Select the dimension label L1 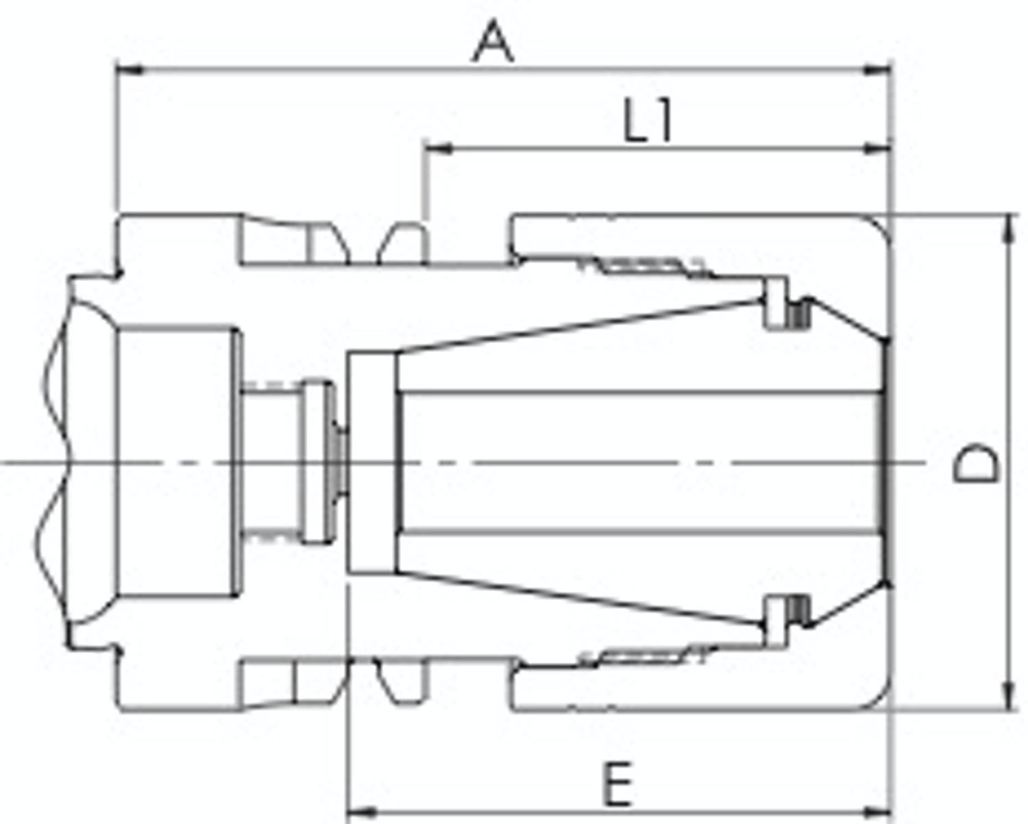pyautogui.click(x=648, y=121)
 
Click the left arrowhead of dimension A pyautogui.click(x=129, y=70)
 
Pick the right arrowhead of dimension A pyautogui.click(x=878, y=71)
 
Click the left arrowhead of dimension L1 pyautogui.click(x=437, y=149)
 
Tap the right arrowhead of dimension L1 pyautogui.click(x=878, y=149)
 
